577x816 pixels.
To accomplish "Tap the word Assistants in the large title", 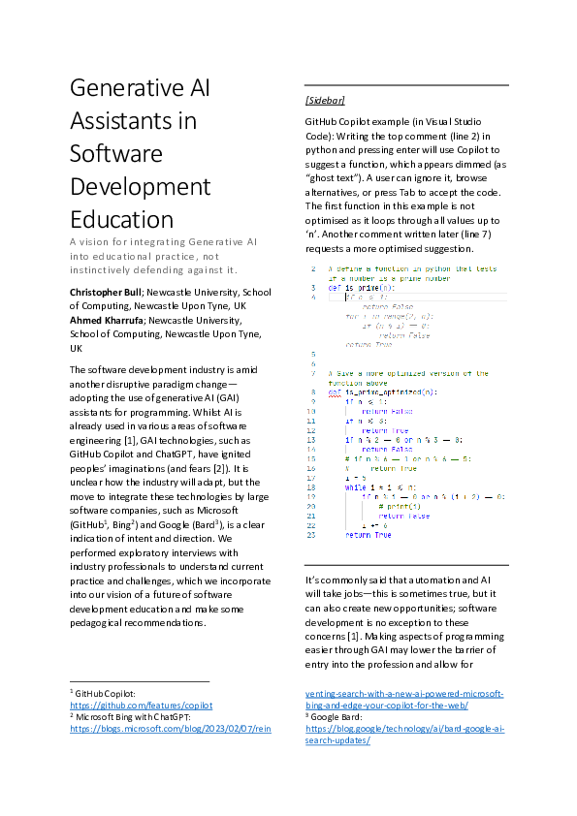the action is tap(133, 121).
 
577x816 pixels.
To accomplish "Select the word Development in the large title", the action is tap(140, 186).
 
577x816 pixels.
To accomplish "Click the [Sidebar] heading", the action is tap(325, 100).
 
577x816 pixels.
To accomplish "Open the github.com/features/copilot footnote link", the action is tap(141, 706).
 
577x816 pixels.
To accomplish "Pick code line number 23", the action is tap(310, 534).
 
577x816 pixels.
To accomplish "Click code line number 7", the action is tap(312, 373).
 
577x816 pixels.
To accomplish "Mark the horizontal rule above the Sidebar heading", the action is tap(406, 83).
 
